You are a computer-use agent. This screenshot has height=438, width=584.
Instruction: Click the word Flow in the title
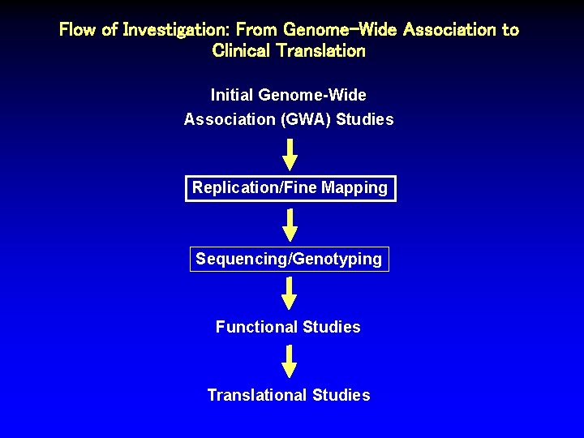(x=79, y=30)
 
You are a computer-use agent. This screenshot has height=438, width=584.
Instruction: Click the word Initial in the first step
(x=234, y=95)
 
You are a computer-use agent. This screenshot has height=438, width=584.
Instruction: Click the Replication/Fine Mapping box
(x=290, y=188)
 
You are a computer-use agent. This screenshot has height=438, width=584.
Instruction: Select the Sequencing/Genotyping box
(x=289, y=259)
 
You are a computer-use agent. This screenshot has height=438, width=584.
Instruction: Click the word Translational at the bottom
(x=257, y=395)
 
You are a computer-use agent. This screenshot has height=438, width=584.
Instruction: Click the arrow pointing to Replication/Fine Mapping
(x=290, y=154)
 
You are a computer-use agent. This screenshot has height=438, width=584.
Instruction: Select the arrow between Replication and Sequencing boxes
(x=290, y=224)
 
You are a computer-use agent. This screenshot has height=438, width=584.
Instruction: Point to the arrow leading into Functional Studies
(x=290, y=293)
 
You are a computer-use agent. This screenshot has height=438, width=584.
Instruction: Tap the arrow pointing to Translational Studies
(x=290, y=361)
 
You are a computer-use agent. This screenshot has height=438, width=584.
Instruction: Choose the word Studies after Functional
(x=331, y=327)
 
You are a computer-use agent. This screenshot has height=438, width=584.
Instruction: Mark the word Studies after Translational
(x=341, y=395)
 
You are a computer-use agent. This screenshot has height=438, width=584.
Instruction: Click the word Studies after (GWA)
(x=364, y=119)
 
